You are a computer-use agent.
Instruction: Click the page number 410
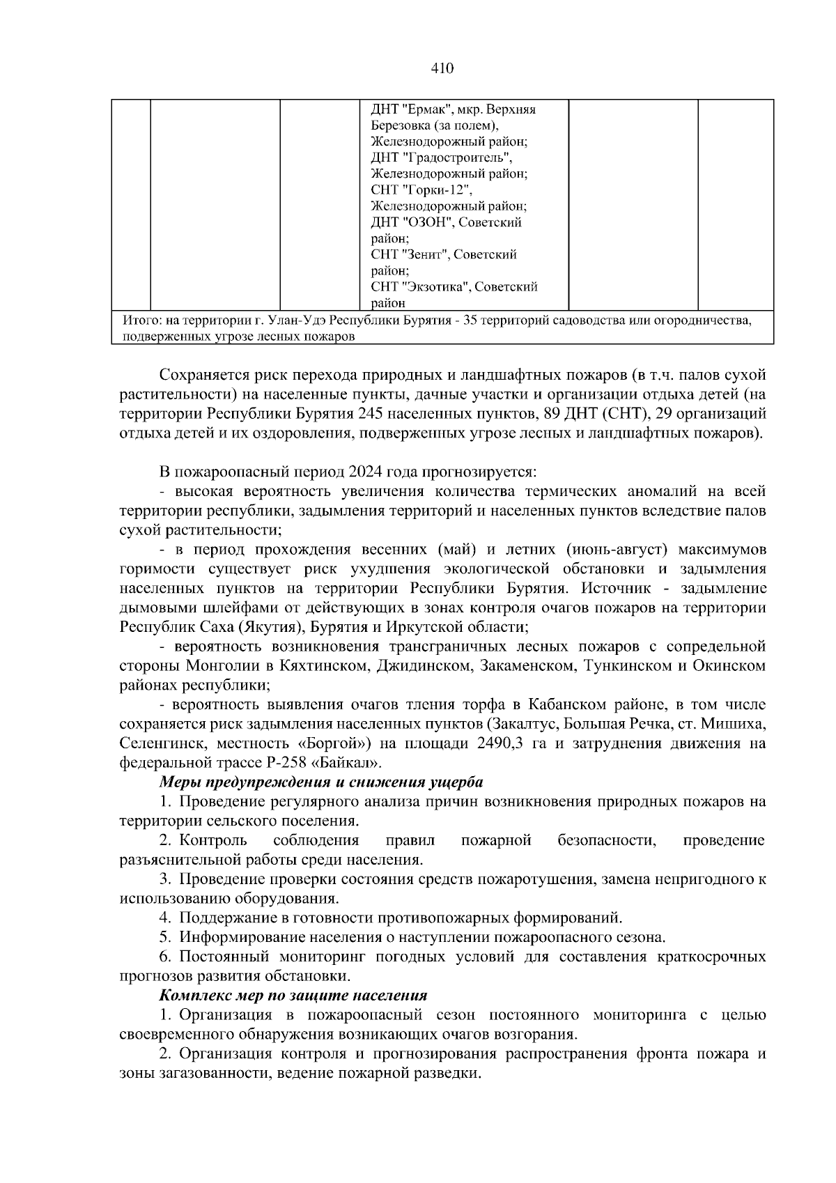click(x=442, y=68)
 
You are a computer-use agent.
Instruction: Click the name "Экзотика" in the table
click(x=435, y=287)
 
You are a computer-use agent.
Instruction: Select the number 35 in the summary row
click(x=479, y=321)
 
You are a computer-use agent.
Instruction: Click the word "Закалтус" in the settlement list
click(x=519, y=724)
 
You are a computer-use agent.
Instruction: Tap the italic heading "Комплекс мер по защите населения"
click(x=293, y=995)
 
